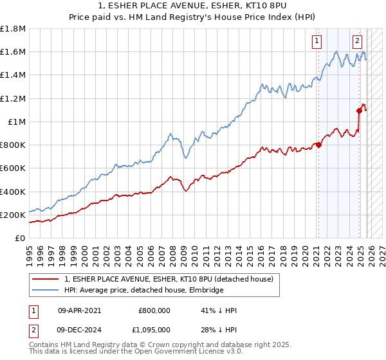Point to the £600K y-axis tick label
coord(12,168)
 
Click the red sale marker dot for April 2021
coord(318,145)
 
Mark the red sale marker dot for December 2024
coord(359,111)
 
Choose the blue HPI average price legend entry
coord(143,291)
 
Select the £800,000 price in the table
coord(154,310)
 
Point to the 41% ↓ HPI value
coord(219,310)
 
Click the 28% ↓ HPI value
coord(219,330)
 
